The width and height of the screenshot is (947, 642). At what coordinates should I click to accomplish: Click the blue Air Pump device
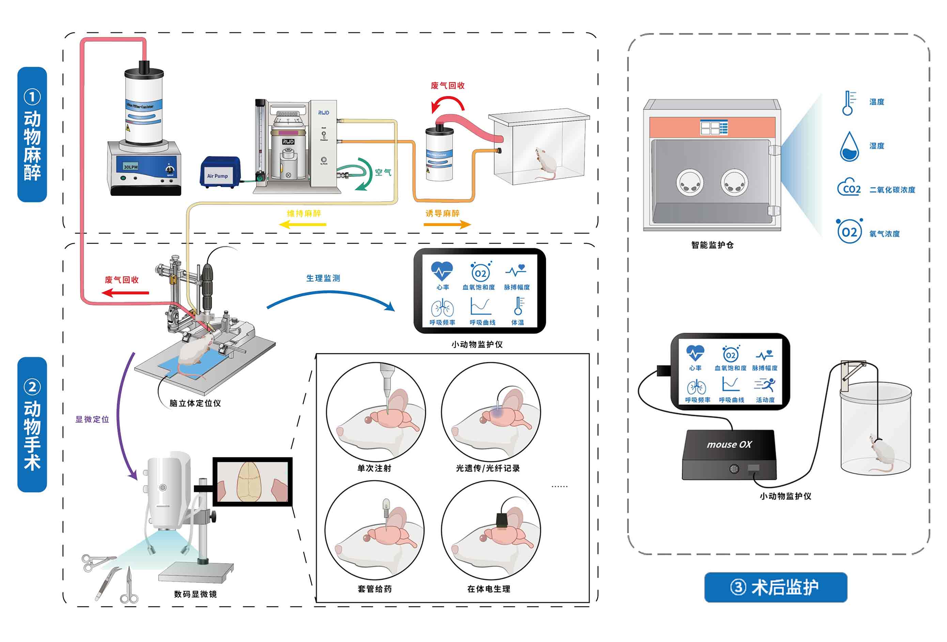(220, 172)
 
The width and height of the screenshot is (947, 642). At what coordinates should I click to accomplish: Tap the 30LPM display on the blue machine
(130, 167)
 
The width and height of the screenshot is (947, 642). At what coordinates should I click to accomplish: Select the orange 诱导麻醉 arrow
(447, 224)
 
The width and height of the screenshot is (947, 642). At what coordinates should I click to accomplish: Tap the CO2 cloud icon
(849, 188)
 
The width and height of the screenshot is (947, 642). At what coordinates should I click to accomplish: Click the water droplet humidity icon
(849, 147)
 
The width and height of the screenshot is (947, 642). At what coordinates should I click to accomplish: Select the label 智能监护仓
(712, 245)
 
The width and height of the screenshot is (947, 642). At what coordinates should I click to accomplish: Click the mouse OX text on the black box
(729, 445)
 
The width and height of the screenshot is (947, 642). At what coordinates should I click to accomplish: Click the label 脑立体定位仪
(195, 403)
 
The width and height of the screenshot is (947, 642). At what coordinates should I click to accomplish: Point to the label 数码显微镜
(195, 594)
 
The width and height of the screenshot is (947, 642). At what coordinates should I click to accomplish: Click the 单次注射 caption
(374, 468)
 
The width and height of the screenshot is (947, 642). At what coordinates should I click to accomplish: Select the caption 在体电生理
(488, 588)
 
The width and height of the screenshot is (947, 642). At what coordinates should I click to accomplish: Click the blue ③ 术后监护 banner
(775, 587)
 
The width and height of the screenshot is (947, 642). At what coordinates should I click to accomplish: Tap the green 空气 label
(383, 172)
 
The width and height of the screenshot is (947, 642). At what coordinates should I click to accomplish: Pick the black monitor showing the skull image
(253, 481)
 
